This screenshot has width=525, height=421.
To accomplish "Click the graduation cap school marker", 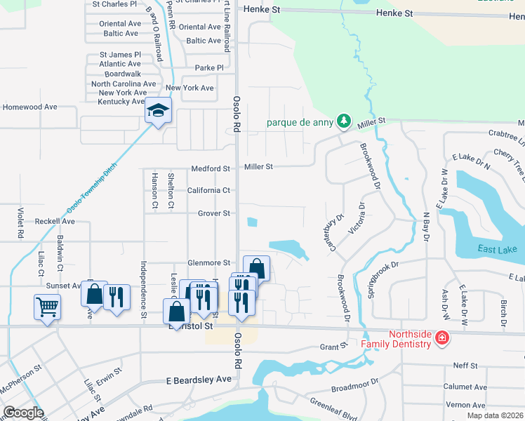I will tap(158, 111).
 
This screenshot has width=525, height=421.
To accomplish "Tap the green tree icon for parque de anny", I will tap(343, 122).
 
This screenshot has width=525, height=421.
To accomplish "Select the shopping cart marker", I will tap(47, 307).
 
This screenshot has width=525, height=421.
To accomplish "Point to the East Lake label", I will tap(498, 250).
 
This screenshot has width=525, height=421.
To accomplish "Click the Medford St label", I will tap(211, 168).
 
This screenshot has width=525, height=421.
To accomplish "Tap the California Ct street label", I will tap(208, 190).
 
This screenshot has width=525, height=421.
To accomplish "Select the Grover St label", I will tap(213, 213).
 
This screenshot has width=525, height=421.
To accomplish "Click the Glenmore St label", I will tap(208, 262).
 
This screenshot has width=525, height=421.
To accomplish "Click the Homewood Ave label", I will tap(30, 107).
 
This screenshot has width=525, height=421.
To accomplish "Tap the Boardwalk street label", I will tap(123, 74).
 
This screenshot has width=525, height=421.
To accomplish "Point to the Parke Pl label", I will tap(209, 68).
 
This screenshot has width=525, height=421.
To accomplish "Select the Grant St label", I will tap(334, 347).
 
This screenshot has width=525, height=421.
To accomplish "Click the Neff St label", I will tap(465, 366).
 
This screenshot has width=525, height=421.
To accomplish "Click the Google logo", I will tap(23, 413).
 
